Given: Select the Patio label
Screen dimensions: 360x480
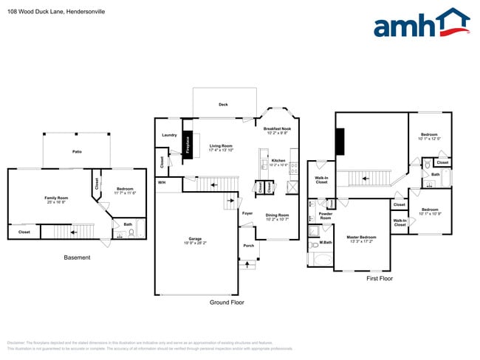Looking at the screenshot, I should coord(77,152).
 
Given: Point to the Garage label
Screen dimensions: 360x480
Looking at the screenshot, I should coord(195,239).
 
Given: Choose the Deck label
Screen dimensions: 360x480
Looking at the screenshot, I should coord(223,105).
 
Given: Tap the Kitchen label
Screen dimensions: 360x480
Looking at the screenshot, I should coord(278,160).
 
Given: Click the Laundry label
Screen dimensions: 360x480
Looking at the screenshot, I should coord(170,135).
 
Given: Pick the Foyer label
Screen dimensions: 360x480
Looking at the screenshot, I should coord(247,213).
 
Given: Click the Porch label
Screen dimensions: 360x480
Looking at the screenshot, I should coord(247,246).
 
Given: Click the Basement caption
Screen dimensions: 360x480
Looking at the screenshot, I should coord(77,257).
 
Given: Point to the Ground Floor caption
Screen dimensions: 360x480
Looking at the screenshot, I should coord(227,302).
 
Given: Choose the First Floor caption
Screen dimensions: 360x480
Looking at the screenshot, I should coord(380,279).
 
